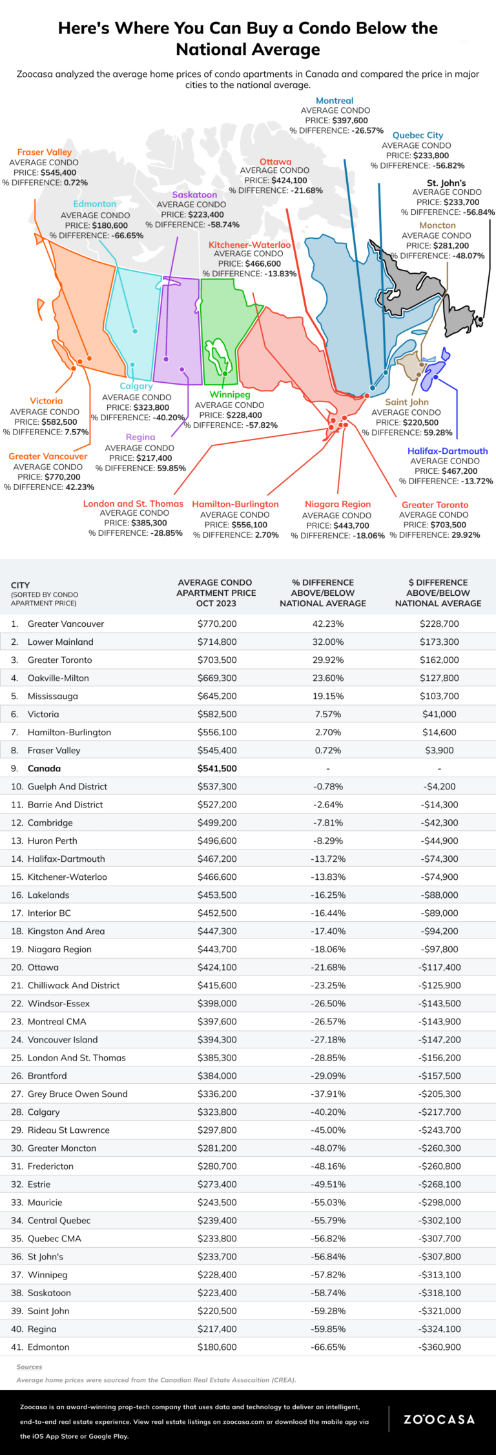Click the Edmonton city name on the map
click(x=95, y=204)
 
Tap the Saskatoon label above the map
click(x=194, y=194)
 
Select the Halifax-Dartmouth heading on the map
click(x=448, y=451)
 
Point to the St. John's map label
click(x=446, y=183)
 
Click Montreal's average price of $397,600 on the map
click(x=349, y=121)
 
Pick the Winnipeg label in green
click(x=230, y=394)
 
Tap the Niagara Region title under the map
click(x=338, y=504)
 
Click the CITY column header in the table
click(x=20, y=585)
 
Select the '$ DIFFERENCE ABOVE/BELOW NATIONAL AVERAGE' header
click(x=438, y=593)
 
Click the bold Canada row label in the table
click(x=44, y=768)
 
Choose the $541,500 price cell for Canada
click(x=217, y=768)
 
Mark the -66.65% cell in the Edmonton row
click(x=328, y=1347)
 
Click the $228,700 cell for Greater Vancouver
click(x=439, y=624)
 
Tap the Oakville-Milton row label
click(x=58, y=678)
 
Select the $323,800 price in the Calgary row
click(x=217, y=1112)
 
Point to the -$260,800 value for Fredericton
click(x=439, y=1166)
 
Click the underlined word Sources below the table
click(x=29, y=1367)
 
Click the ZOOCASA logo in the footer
click(x=439, y=1419)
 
